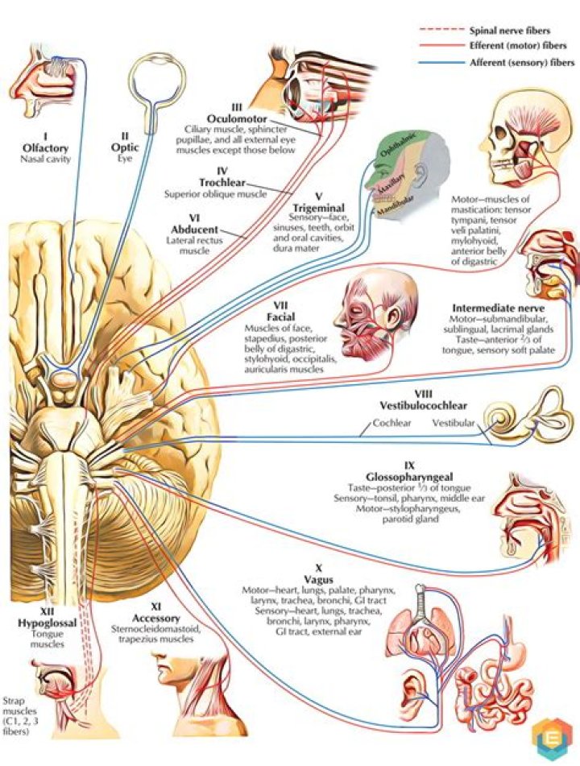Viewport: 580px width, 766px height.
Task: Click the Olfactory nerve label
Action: [x=46, y=149]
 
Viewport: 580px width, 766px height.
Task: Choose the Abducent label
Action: [x=192, y=229]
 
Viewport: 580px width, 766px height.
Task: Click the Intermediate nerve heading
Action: [x=499, y=308]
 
